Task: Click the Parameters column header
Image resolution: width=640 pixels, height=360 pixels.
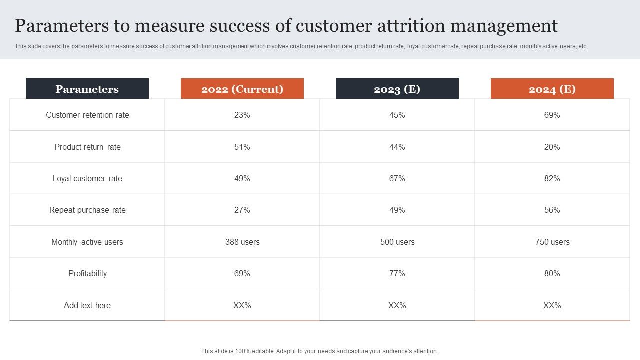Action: coord(87,89)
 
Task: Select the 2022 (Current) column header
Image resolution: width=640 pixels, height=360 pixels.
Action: coord(242,89)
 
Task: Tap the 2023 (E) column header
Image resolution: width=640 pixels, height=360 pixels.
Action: coord(397,89)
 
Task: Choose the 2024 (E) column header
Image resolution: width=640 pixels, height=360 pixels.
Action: coord(552,89)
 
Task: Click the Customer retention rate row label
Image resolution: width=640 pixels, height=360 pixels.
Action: coord(87,115)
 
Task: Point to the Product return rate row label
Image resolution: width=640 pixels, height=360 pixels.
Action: coord(87,147)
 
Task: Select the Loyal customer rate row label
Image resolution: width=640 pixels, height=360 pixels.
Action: coord(87,178)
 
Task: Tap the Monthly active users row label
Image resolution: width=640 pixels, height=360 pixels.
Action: coord(87,242)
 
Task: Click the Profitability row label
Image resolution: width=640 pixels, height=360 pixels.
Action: coord(87,273)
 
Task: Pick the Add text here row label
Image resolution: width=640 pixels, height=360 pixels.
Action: coord(87,305)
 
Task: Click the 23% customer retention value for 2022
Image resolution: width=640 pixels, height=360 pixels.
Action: coord(242,115)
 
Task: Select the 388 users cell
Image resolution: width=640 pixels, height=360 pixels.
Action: coord(242,242)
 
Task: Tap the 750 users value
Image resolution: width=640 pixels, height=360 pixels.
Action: coord(552,242)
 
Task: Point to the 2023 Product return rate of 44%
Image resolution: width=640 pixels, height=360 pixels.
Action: coord(397,147)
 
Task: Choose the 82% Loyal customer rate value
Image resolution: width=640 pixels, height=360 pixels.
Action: coord(552,178)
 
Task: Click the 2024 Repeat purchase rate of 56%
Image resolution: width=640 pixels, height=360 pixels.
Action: coord(552,210)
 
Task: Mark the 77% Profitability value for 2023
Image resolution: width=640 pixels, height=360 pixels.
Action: coord(397,273)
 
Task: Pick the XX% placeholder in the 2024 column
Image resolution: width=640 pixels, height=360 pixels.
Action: coord(552,305)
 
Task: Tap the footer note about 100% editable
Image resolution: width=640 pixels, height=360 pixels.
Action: coord(320,351)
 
